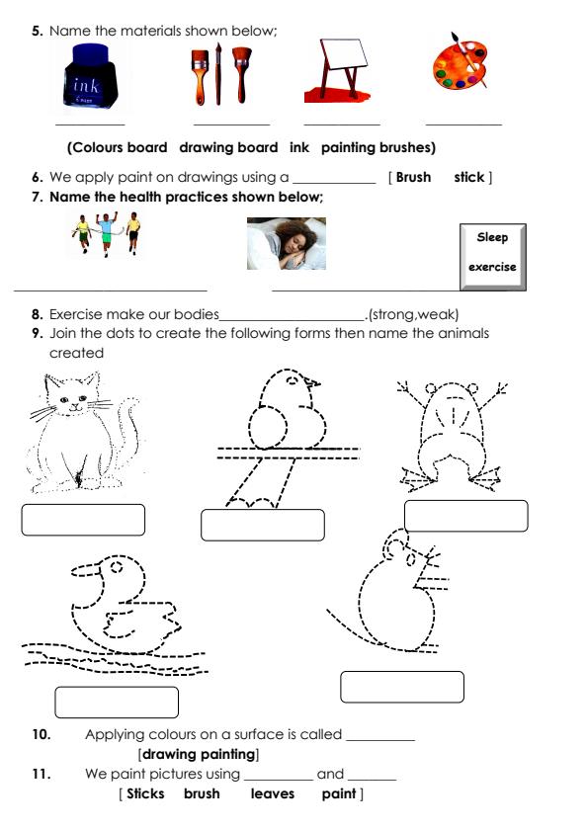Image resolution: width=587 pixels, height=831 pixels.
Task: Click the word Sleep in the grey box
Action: click(x=492, y=237)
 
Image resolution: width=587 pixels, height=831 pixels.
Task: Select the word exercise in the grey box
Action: click(x=492, y=267)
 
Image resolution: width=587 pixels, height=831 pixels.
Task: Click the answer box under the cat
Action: click(x=83, y=520)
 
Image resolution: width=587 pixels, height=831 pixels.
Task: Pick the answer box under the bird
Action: click(x=263, y=525)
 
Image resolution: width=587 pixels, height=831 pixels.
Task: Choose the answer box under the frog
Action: click(x=465, y=516)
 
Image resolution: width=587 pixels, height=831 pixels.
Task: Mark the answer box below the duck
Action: click(x=117, y=702)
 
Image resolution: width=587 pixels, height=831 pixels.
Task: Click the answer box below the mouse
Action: click(x=402, y=687)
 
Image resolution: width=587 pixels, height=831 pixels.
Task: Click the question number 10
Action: click(x=41, y=734)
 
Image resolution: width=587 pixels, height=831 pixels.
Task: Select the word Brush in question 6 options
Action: click(x=412, y=178)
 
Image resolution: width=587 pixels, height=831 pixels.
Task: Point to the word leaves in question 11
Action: click(x=272, y=793)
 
